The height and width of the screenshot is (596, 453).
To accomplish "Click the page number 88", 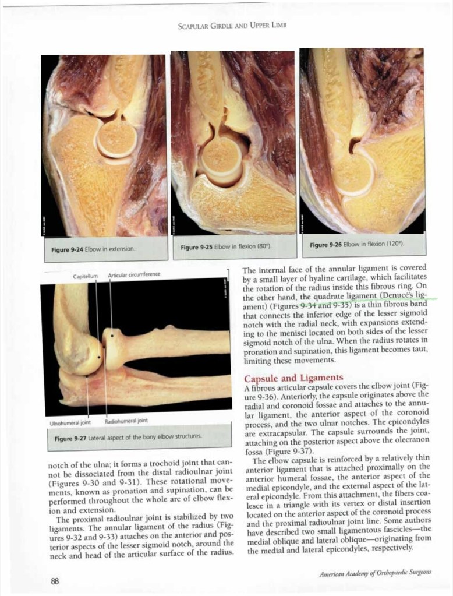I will tap(55, 580).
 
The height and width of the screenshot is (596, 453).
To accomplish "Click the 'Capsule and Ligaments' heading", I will tap(293, 379).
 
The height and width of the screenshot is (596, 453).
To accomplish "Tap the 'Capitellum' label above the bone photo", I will tap(85, 275).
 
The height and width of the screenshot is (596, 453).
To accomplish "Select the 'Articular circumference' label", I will tap(134, 274).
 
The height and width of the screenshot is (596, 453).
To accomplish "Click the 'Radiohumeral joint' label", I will tap(126, 421).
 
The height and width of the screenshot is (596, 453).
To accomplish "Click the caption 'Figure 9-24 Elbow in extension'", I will tap(93, 249).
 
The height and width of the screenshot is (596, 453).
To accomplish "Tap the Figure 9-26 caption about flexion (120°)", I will tap(357, 244).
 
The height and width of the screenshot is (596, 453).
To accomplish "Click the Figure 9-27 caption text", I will tap(128, 436).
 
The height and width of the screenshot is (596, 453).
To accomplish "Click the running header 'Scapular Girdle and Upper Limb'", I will tap(232, 25).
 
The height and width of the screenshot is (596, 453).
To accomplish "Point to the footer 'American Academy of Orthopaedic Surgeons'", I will tap(375, 574).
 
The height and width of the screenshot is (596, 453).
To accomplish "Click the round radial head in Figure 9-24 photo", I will tap(116, 138).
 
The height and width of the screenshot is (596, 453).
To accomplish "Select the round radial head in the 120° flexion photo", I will tap(353, 174).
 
